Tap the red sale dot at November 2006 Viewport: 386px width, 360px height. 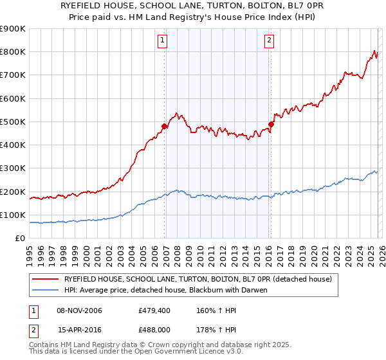pyautogui.click(x=164, y=127)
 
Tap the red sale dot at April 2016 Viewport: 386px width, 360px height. pyautogui.click(x=271, y=124)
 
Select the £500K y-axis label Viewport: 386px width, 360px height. pyautogui.click(x=13, y=122)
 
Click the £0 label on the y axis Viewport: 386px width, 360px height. pyautogui.click(x=19, y=238)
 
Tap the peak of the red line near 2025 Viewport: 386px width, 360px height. pyautogui.click(x=374, y=51)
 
